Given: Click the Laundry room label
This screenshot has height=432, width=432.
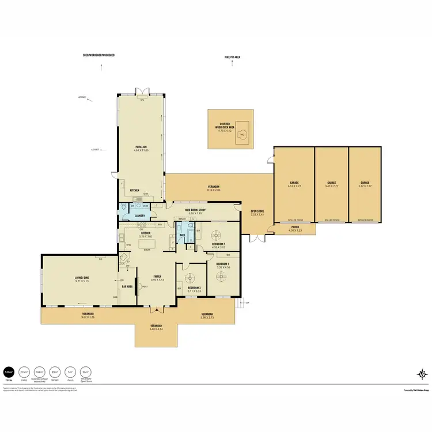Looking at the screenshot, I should (139, 215).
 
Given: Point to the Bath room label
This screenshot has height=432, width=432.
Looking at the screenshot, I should (182, 235).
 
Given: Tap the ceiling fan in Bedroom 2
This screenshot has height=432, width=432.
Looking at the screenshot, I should (217, 234).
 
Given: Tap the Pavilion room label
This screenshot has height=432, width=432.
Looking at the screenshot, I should (142, 147).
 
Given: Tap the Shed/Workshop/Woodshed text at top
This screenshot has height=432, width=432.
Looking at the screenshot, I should (99, 55).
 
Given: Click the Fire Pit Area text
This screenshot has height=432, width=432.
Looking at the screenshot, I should (233, 57).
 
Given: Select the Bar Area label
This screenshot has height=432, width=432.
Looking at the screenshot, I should (127, 286).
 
